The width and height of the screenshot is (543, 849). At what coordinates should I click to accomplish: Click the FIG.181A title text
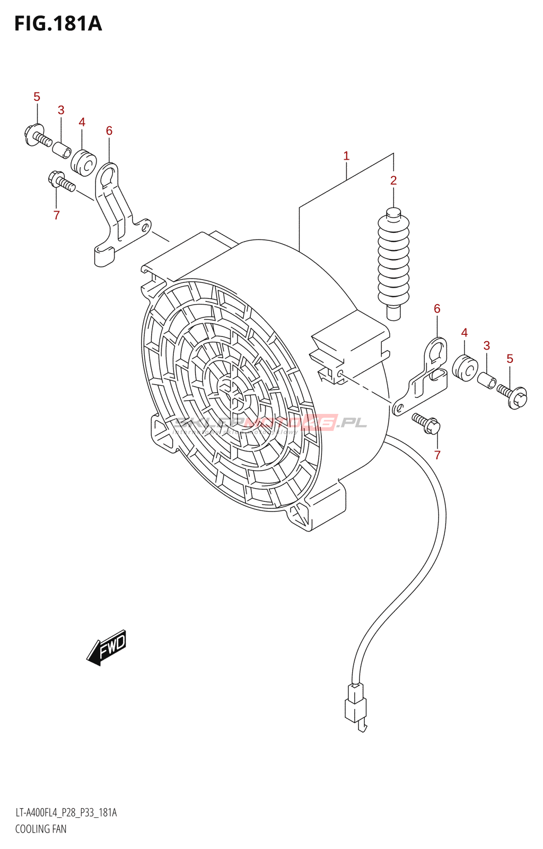click(x=58, y=24)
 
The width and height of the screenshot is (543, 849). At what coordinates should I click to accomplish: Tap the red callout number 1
click(x=346, y=155)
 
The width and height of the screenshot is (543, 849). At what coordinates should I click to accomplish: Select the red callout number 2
click(x=393, y=180)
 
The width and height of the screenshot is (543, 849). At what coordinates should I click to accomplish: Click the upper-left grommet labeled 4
click(x=83, y=162)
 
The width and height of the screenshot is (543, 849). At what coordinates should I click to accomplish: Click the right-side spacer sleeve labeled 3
click(x=487, y=380)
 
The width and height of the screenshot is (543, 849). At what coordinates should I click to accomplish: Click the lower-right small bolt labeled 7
click(x=426, y=422)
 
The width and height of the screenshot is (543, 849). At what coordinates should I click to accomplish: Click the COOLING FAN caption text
click(x=41, y=829)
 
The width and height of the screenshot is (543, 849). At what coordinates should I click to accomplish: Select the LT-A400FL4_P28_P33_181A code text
click(x=66, y=812)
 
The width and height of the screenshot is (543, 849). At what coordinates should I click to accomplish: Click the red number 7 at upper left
click(x=56, y=215)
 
